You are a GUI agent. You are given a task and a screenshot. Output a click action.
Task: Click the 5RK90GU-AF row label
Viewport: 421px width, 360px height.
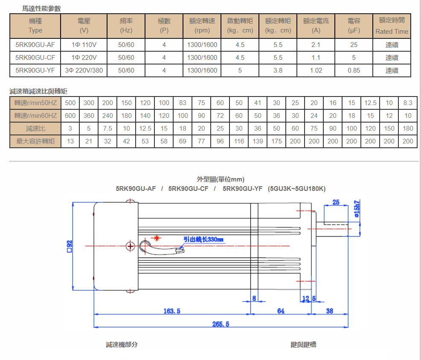coord(35,45)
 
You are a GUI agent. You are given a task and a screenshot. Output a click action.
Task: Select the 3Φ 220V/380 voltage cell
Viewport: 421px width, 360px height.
coord(84,70)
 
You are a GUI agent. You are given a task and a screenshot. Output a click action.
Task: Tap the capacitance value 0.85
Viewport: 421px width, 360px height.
coord(354,70)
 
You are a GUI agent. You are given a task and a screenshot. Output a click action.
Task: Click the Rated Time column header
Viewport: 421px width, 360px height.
coord(392,26)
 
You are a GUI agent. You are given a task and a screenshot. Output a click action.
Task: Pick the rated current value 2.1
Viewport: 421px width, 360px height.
coord(316,45)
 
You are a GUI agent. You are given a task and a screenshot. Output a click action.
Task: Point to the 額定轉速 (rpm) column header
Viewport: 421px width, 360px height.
coord(202,26)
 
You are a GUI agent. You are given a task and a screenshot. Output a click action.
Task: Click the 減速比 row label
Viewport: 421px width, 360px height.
coord(35,129)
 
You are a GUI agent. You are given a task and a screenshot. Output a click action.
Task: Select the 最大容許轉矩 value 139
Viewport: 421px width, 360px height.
coord(258,141)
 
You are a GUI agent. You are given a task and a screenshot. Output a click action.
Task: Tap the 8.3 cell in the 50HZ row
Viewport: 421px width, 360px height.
coord(408,103)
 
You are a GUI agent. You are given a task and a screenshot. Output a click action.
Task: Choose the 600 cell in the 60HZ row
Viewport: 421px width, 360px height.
coord(70,116)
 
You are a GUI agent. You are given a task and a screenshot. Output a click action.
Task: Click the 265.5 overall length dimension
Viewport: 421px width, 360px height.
coord(221,324)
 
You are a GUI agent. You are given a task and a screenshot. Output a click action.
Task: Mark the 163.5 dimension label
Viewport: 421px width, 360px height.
coord(172,311)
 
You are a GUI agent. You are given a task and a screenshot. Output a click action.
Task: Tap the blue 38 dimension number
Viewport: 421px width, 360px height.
coord(329,311)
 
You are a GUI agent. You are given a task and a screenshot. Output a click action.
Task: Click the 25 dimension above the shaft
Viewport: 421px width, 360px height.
coord(336,202)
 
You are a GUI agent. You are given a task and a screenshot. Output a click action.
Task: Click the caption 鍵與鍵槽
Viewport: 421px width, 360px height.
coord(303,345)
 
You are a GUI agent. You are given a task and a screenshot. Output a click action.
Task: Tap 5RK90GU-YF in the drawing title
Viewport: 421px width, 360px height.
coord(243,189)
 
